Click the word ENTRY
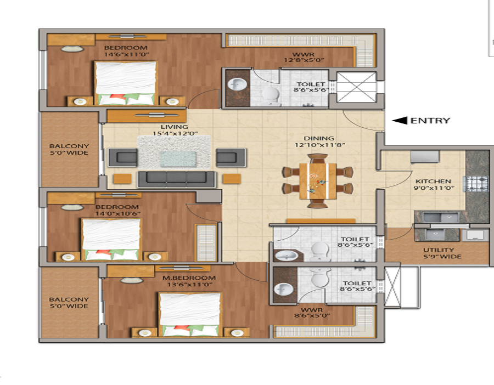[430, 121]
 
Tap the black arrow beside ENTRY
[400, 121]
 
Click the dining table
[318, 180]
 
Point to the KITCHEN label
[433, 181]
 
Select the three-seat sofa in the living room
[176, 179]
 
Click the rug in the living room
[175, 151]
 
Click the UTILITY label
[439, 250]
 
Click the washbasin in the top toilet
[237, 84]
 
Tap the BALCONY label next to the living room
[69, 146]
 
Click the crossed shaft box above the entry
[356, 87]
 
